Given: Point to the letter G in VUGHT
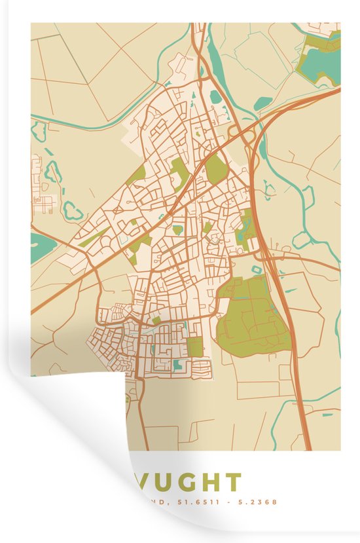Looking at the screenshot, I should [189, 483].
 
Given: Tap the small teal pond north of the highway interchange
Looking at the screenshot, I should [264, 103].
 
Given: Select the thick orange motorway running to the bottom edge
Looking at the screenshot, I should [298, 380].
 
